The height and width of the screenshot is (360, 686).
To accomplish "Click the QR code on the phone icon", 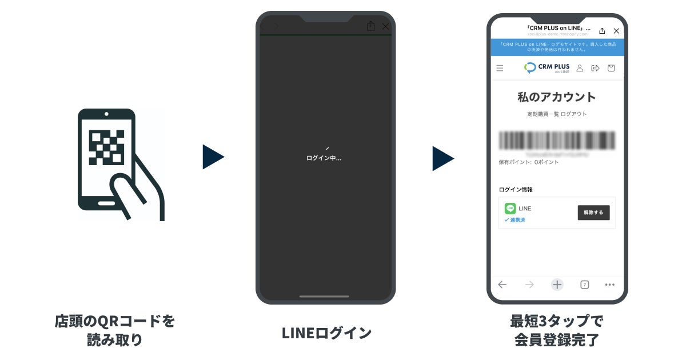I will coord(107,147).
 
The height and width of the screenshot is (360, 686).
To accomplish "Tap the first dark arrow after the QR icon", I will coord(213,157).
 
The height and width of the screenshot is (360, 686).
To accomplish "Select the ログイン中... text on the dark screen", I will coord(324,158).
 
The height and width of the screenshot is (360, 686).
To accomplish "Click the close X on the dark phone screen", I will coord(385,26).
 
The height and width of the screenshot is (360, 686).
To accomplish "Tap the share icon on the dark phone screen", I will coord(370,26).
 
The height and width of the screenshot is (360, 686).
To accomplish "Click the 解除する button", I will coord(593,213).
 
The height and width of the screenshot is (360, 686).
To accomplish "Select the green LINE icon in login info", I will coord(510,209).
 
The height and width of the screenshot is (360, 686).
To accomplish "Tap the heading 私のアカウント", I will coord(557,97).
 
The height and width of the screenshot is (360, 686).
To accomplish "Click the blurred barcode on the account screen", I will coord(557,140).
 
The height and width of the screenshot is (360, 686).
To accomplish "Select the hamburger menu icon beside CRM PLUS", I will coord(500,68).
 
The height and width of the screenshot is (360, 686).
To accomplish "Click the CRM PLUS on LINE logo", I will coord(547,68).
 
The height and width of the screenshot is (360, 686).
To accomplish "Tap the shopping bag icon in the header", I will coord(611,68).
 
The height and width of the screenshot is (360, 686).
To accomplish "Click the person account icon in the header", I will coord(580,68).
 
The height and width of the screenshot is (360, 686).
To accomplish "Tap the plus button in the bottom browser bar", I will coord(557,285).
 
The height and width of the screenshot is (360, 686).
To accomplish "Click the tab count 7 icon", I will coord(584,285).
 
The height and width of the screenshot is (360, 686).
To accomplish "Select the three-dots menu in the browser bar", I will coord(609,285).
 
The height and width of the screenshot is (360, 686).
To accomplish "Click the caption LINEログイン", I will coord(326,333).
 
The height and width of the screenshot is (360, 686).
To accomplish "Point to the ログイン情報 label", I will coord(516,190).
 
